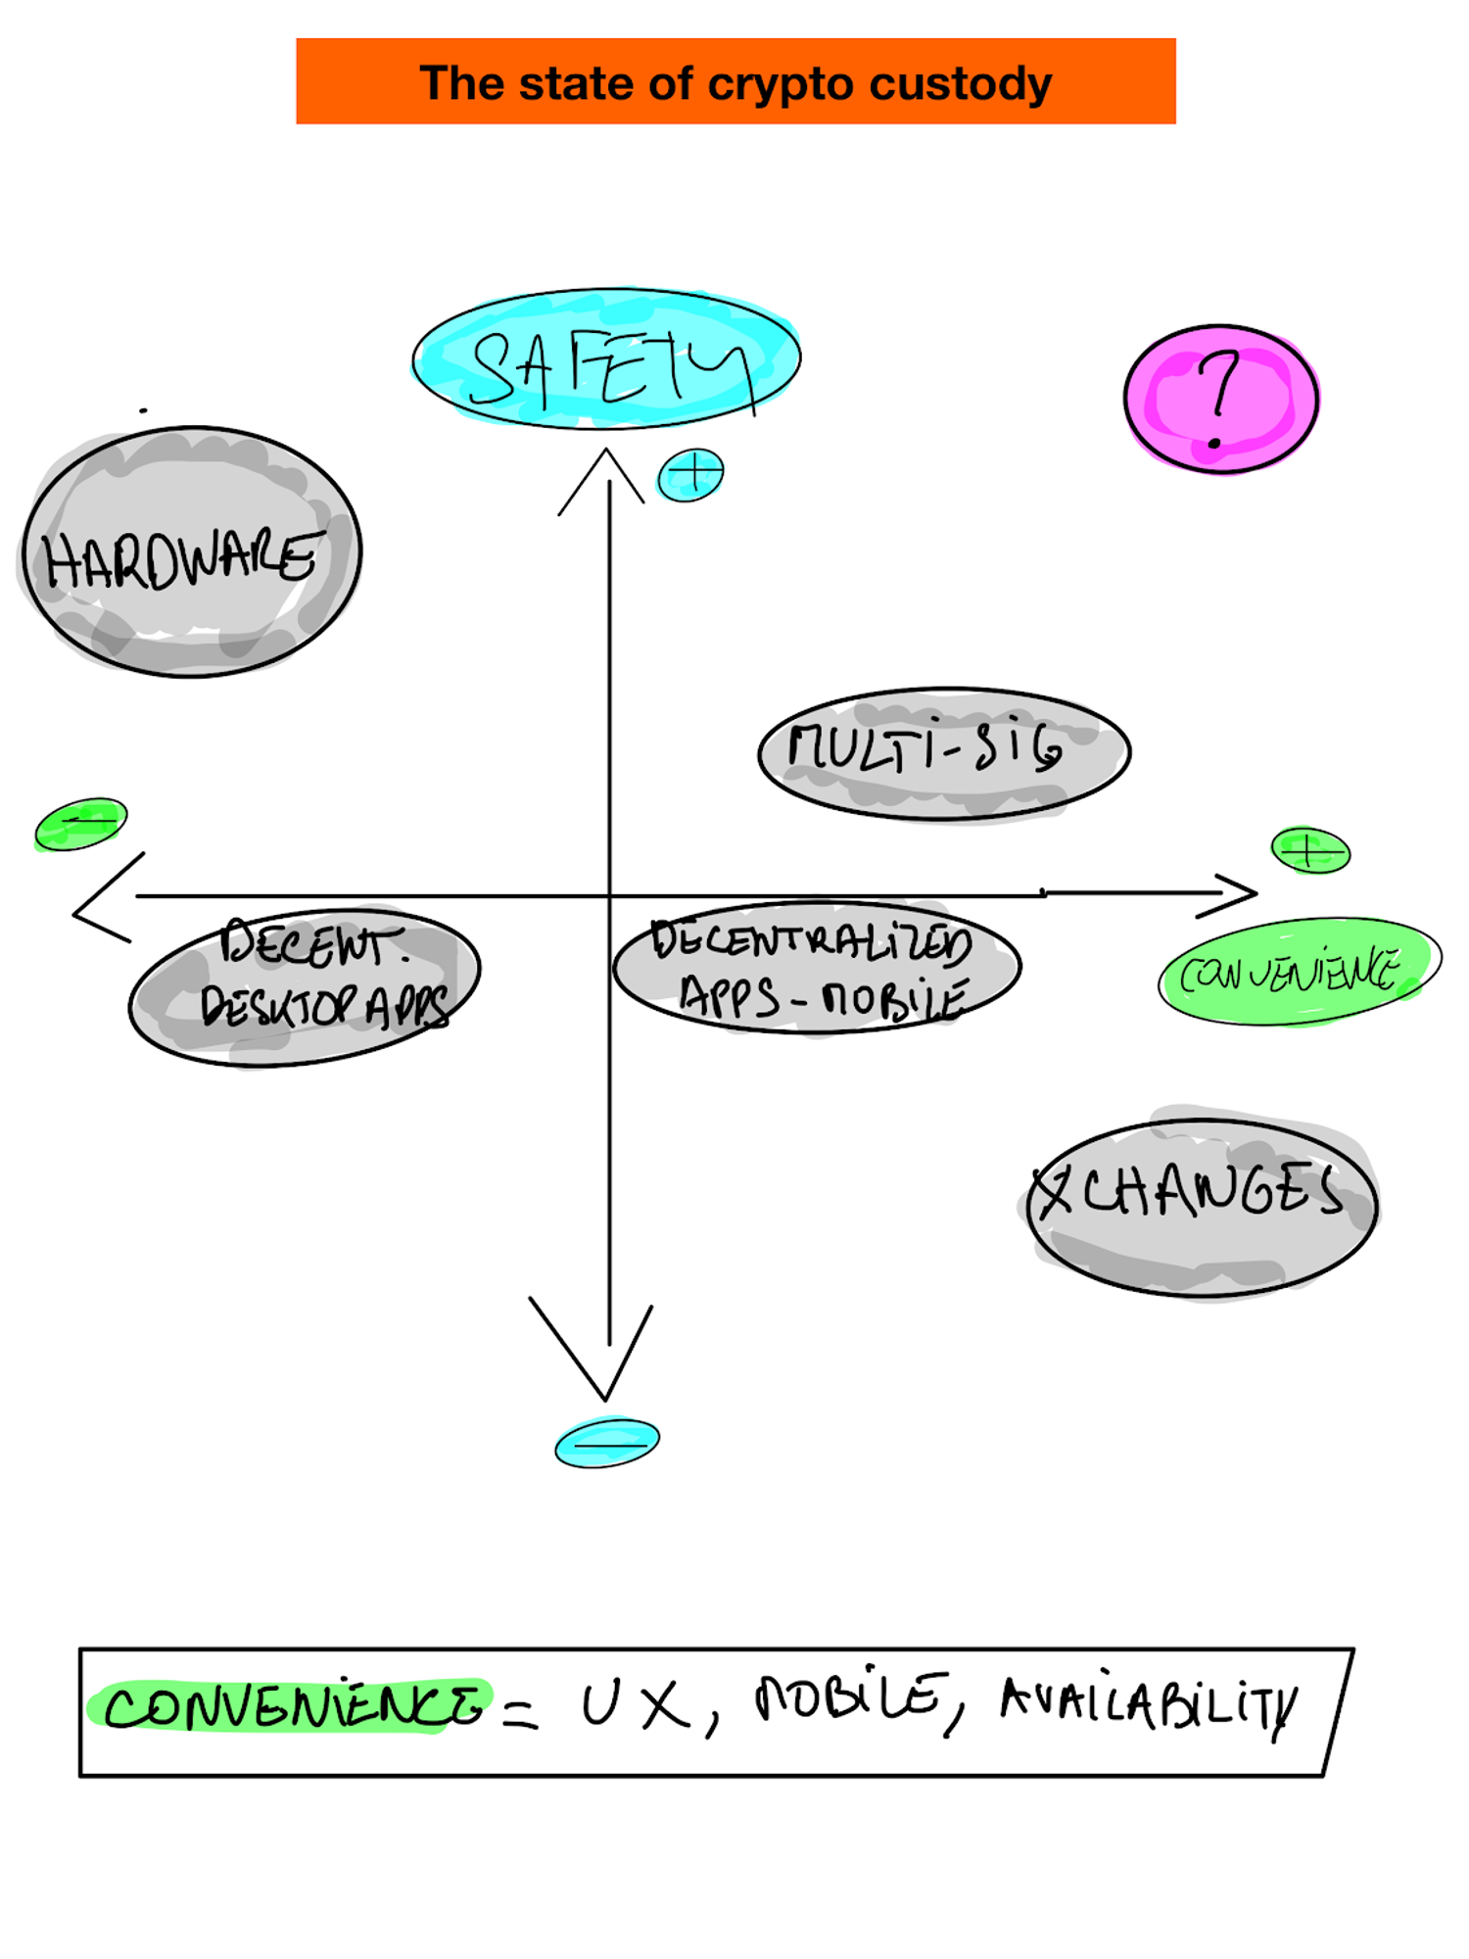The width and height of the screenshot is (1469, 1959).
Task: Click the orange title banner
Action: (734, 81)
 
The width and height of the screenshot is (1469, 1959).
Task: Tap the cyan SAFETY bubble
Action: (606, 358)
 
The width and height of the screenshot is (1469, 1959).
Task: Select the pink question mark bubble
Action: (1220, 399)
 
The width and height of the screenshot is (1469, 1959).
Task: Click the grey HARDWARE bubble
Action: (192, 552)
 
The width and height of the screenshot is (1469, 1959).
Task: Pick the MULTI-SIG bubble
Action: (944, 752)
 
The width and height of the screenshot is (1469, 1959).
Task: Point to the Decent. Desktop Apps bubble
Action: (305, 985)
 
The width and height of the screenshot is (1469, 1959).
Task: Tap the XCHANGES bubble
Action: (1202, 1207)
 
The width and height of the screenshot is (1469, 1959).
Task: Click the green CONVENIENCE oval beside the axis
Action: (1298, 972)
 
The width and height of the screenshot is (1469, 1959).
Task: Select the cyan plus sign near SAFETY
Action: (690, 475)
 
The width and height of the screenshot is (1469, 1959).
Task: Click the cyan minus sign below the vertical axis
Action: (607, 1443)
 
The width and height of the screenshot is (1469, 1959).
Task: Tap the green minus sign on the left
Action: (80, 824)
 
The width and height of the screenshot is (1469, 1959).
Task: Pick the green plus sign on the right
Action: (1310, 849)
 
